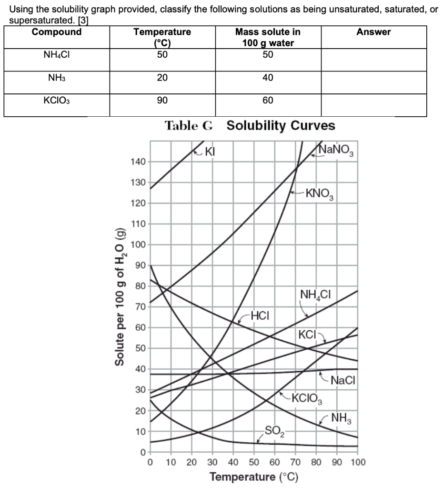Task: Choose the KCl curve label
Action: pos(308,334)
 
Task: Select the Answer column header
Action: pos(373,32)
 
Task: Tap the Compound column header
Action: pos(56,32)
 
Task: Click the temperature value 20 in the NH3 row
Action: pos(162,78)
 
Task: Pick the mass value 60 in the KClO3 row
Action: pos(268,101)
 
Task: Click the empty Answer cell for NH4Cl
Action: pos(373,59)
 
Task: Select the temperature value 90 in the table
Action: pos(162,101)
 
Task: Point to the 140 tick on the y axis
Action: pos(137,163)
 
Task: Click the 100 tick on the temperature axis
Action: pos(357,462)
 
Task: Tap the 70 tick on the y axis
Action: pos(140,307)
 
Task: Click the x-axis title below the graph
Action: pos(254,477)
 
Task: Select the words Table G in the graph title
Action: pos(189,126)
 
